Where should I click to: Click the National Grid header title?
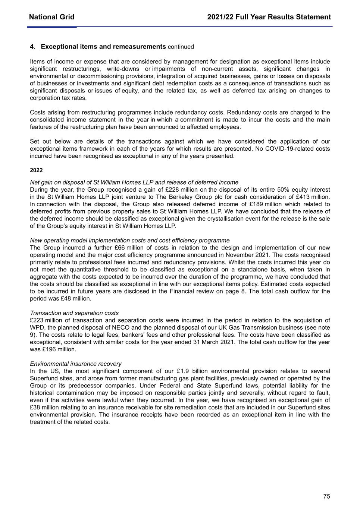[51, 17]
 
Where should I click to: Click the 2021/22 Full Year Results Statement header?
[269, 17]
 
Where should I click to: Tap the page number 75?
[326, 496]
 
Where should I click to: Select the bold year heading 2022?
[36, 170]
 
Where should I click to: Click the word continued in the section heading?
[181, 47]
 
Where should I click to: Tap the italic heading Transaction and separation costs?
[74, 313]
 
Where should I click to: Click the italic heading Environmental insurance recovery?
[76, 364]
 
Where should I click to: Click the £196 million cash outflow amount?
[65, 349]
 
